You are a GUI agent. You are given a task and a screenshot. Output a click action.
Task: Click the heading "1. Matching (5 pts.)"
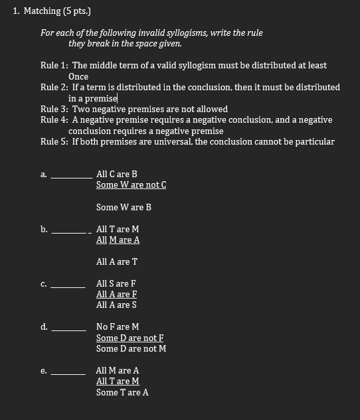(52, 11)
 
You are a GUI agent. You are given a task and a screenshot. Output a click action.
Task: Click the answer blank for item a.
(72, 176)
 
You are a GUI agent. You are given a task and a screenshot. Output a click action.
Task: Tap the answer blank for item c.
(68, 286)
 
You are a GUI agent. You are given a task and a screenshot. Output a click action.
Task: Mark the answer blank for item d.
(68, 329)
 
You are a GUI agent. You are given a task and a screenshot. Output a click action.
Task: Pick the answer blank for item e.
(68, 373)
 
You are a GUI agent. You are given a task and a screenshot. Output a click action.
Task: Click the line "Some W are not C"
(131, 184)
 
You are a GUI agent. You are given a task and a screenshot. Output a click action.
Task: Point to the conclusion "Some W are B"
(124, 207)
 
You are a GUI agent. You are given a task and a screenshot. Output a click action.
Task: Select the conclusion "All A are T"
(117, 261)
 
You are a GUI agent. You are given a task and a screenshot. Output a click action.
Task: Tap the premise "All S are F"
(116, 283)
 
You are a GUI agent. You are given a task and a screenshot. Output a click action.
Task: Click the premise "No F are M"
(118, 326)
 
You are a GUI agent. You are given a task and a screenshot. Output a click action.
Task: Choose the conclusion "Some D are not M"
(131, 348)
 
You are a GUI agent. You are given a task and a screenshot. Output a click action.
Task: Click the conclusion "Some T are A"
(122, 392)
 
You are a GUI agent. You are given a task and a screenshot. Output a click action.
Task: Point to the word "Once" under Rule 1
(78, 76)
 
